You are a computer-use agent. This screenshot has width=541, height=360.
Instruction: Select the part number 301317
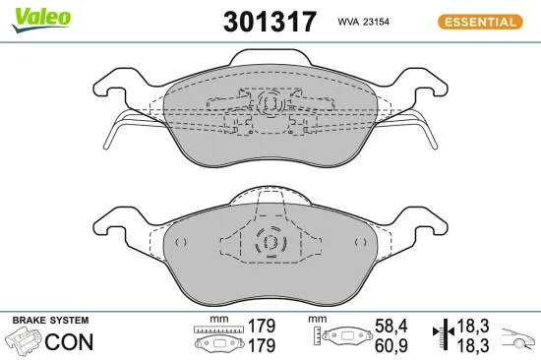[270, 22]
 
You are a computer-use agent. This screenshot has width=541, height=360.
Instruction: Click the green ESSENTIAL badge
[479, 21]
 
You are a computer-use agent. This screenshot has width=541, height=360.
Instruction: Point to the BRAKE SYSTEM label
[49, 321]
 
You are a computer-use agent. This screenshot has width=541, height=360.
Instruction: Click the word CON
[71, 342]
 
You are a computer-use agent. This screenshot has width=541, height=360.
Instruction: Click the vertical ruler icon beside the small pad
[317, 337]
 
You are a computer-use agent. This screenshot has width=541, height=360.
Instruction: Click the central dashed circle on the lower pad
[268, 242]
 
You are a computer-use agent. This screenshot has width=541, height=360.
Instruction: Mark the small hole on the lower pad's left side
[178, 242]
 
